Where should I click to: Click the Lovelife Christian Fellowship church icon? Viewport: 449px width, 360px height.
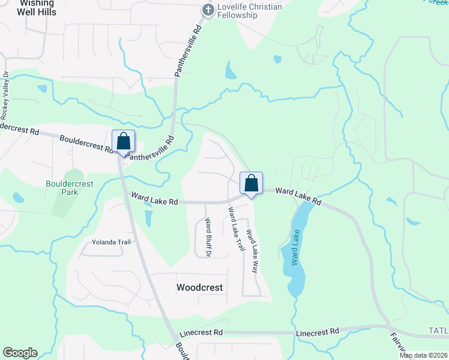[x=208, y=9]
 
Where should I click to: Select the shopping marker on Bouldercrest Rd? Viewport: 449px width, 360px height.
[x=124, y=142]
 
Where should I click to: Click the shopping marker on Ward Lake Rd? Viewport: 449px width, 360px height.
[x=252, y=183]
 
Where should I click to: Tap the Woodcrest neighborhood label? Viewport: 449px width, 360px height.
[x=200, y=287]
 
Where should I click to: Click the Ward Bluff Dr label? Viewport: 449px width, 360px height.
[x=208, y=238]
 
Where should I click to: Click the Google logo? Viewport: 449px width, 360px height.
[x=20, y=353]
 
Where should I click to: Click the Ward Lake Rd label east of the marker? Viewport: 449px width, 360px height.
[x=299, y=196]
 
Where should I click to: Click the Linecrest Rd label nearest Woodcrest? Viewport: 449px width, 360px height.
[x=201, y=332]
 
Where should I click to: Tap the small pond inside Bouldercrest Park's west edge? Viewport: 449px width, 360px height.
[x=18, y=197]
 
